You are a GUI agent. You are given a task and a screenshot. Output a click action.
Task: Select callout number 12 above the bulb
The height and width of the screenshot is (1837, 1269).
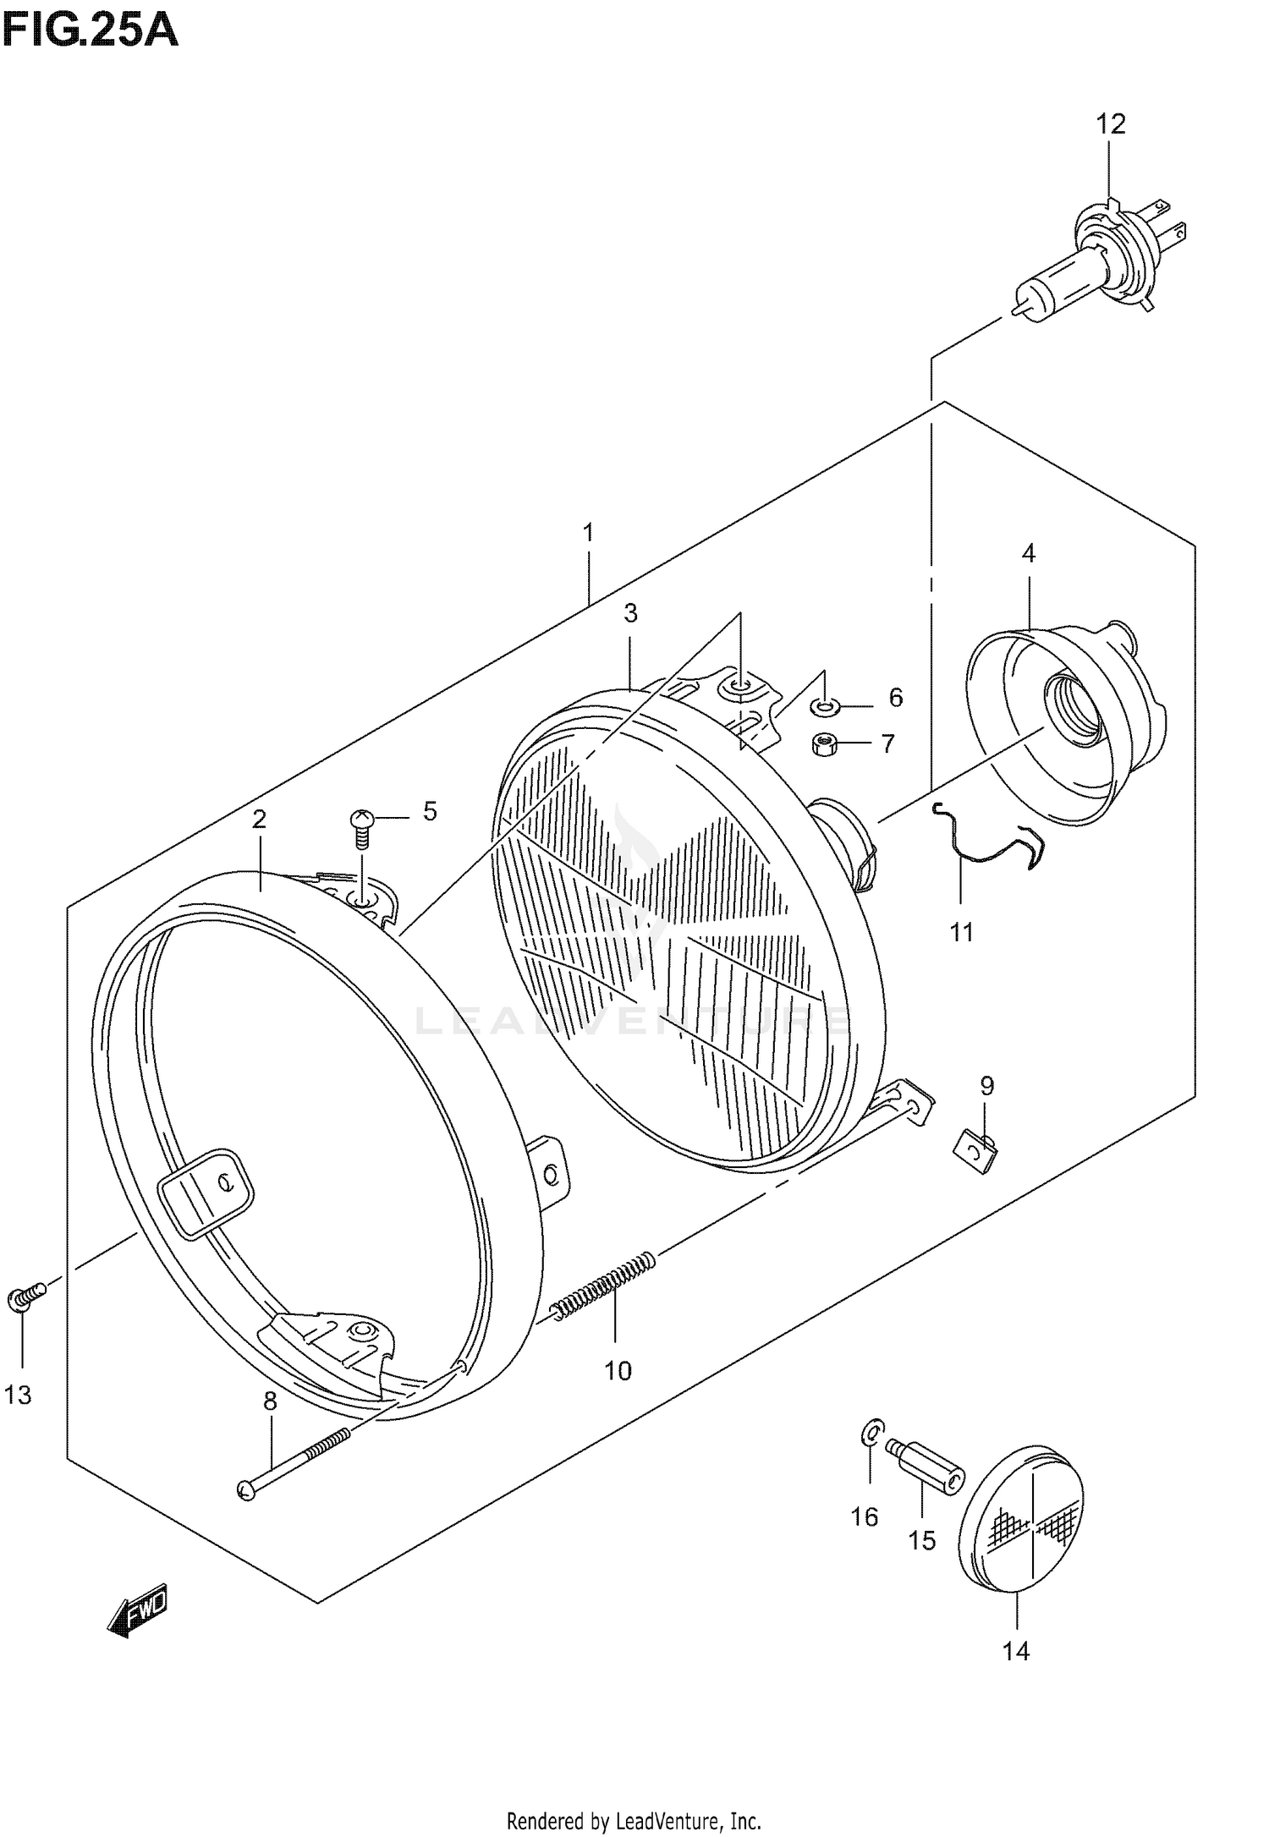tap(1111, 124)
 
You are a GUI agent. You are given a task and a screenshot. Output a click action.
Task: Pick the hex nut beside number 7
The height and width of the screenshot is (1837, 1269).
tap(821, 744)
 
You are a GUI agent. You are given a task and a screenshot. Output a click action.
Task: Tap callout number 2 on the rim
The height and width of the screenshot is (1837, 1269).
tap(259, 819)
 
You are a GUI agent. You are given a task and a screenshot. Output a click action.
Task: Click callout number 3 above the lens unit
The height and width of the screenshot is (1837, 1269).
tap(630, 613)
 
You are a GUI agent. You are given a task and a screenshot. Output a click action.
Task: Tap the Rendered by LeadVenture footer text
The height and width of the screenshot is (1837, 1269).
tap(634, 1817)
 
